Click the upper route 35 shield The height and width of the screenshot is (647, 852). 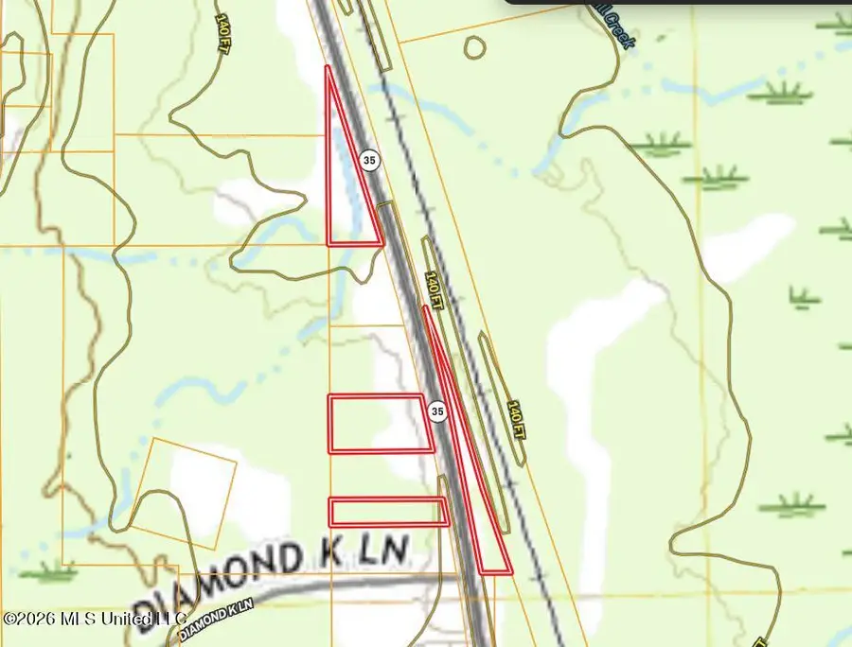click(x=369, y=161)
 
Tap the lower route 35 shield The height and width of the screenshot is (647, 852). click(x=436, y=411)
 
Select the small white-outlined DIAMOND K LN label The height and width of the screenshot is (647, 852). click(x=216, y=616)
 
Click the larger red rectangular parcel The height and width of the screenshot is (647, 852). click(x=377, y=423)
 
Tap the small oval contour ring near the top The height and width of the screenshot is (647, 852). click(x=473, y=47)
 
